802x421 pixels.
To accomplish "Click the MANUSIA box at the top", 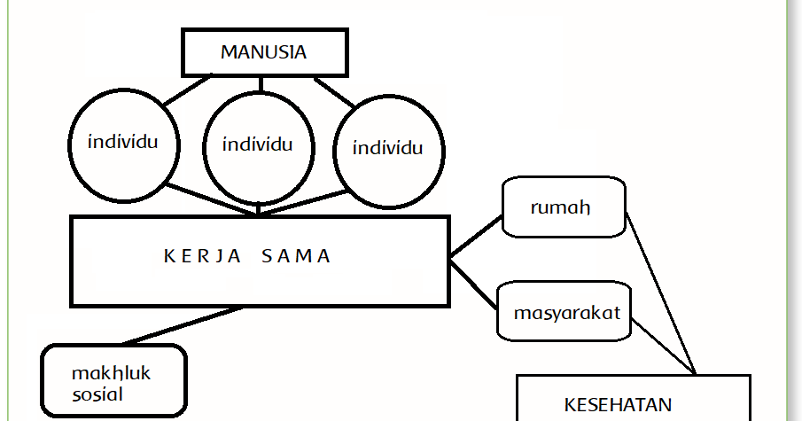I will (x=263, y=52).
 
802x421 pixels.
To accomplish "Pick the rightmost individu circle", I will (x=387, y=148).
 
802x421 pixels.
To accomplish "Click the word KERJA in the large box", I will (x=197, y=257).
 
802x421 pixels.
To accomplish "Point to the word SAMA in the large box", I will (x=297, y=257).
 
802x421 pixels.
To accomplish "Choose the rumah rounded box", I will (x=565, y=207).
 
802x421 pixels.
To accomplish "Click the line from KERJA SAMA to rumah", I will (x=476, y=237).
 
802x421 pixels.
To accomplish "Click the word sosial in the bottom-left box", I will (x=98, y=394).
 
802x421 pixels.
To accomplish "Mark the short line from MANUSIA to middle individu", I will (x=261, y=83).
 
